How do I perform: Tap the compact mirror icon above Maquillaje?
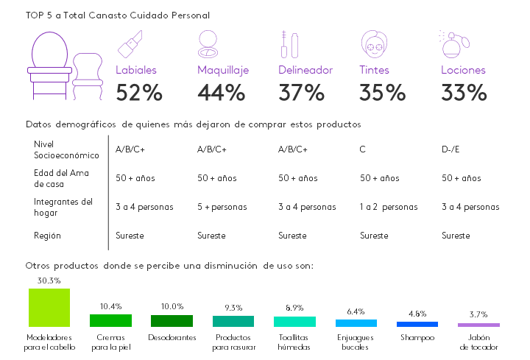212,46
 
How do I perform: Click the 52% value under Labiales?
139,93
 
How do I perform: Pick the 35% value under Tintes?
382,93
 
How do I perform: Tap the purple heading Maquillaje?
223,71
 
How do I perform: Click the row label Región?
47,236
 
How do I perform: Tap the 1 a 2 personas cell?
389,207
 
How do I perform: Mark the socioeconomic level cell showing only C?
362,149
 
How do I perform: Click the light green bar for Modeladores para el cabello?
49,307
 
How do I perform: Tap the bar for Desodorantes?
172,321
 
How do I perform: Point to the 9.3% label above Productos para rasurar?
233,308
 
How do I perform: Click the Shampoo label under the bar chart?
417,338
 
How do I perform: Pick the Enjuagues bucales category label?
356,342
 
